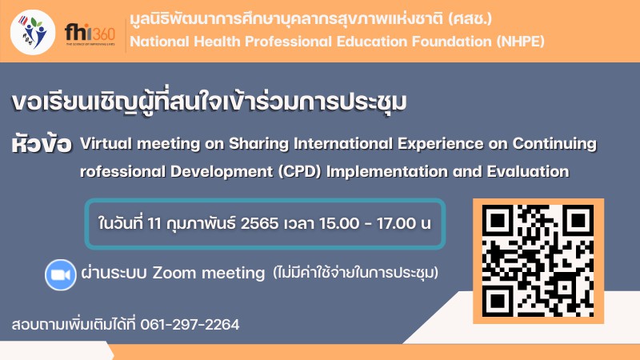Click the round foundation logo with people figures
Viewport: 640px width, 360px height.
33,32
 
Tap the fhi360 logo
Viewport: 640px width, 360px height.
90,34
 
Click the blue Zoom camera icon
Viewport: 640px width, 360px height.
61,274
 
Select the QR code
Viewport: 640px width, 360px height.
538,261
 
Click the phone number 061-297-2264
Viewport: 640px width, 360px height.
190,325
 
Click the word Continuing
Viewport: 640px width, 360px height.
554,144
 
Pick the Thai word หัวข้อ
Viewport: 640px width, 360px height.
42,144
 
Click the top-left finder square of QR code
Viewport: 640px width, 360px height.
498,220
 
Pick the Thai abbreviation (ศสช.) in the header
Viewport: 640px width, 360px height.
470,18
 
